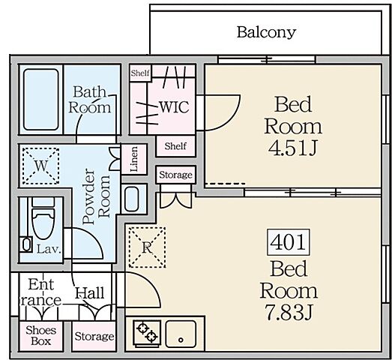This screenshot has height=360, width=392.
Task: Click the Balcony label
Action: tap(267, 32)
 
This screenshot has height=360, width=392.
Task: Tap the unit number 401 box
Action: tap(289, 242)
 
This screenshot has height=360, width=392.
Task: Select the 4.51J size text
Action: tap(293, 148)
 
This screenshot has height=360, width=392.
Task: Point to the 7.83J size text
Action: tap(289, 312)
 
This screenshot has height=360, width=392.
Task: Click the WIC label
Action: tap(174, 107)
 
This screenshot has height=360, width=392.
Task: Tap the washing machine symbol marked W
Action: tap(41, 166)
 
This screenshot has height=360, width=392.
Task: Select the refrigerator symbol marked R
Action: tap(147, 247)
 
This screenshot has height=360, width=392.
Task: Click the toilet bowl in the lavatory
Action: tap(43, 223)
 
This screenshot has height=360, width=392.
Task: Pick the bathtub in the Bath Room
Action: tap(41, 100)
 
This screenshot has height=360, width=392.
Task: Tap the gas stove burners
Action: tap(147, 332)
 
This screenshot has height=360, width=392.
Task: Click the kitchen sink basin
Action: tap(181, 334)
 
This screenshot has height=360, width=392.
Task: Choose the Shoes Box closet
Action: tap(41, 336)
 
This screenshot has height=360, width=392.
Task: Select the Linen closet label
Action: tap(134, 159)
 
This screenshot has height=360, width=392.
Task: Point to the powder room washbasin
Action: tap(131, 199)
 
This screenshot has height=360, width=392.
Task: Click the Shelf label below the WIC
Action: tap(175, 146)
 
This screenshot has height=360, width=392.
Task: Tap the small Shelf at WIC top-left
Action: tap(140, 73)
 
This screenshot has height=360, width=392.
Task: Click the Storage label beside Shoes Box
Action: tap(94, 337)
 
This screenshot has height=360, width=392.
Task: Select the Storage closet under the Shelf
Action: tap(175, 175)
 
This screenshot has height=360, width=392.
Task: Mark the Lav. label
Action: tap(49, 249)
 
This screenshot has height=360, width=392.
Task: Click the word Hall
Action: tap(90, 293)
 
